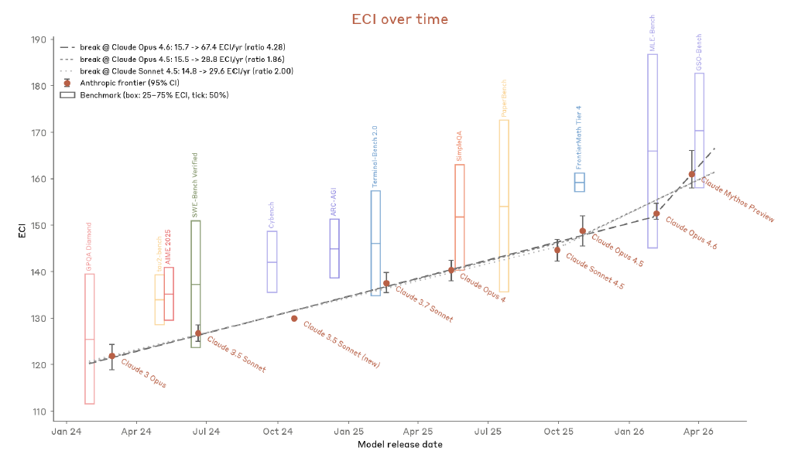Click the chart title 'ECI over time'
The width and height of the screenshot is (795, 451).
point(399,19)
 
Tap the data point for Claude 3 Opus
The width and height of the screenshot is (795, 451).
point(112,357)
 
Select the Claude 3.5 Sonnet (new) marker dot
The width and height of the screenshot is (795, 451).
point(294,318)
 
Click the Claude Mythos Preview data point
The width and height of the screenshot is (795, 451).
point(692,174)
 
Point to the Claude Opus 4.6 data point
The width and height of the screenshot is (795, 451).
point(656,214)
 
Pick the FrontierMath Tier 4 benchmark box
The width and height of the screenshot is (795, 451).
point(580,182)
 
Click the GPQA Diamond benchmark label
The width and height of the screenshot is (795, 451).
point(89,248)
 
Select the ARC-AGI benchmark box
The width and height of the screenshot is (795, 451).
point(334,248)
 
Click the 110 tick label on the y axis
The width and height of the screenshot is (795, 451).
point(37,412)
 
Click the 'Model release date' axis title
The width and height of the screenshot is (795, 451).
point(399,444)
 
